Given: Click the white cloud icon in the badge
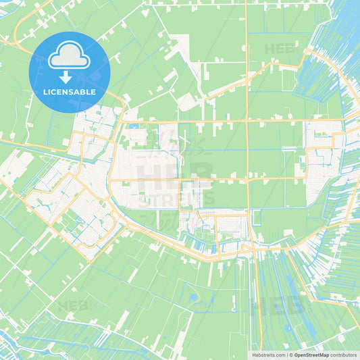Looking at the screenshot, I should [x=69, y=58].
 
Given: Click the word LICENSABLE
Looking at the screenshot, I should [x=70, y=92].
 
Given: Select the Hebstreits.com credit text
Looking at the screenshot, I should [x=268, y=355].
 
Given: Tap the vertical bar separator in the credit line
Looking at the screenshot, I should [x=288, y=355].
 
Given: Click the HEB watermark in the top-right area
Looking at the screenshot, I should [x=279, y=49].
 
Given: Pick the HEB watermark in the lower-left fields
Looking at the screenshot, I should [x=73, y=306].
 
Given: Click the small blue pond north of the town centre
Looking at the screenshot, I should [x=132, y=126].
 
